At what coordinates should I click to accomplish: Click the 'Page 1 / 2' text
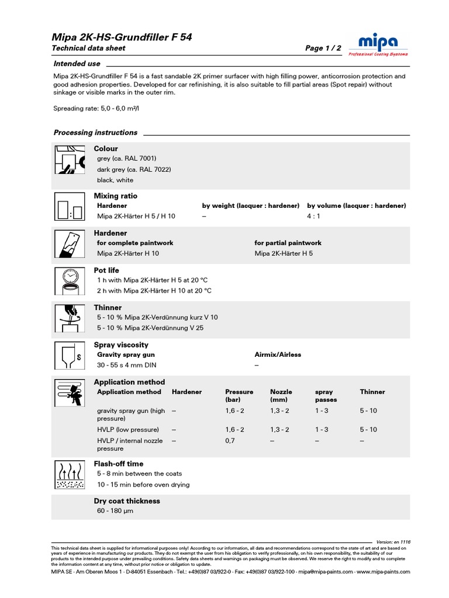point(323,48)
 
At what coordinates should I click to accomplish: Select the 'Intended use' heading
point(77,64)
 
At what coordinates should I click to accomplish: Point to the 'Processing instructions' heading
point(95,133)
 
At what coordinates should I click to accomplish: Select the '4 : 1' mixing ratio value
point(314,216)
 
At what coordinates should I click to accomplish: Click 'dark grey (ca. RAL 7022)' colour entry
point(134,169)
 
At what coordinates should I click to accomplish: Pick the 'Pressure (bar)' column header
point(239,396)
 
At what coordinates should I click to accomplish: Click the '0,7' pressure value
point(230,441)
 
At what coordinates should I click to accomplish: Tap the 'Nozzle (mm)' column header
point(281,396)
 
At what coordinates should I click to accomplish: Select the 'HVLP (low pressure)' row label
point(127,429)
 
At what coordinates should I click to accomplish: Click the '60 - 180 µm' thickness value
point(115,511)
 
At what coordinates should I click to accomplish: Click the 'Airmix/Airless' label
point(278,354)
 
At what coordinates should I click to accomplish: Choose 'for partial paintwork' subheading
point(288,243)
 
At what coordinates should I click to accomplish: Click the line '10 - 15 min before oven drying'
point(143,485)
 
